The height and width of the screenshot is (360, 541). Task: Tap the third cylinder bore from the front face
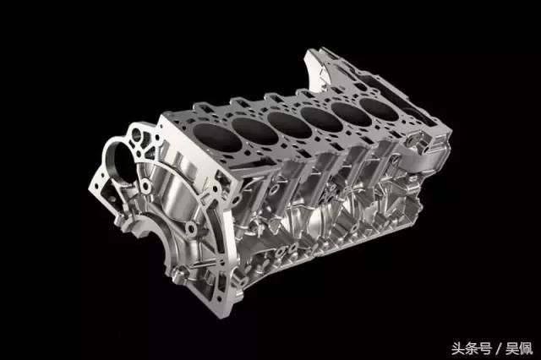289,123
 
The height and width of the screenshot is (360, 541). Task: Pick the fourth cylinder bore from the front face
321,118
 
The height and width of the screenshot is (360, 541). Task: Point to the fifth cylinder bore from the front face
352,113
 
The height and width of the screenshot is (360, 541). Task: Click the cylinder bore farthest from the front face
379,109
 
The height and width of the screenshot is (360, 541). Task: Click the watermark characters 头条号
472,348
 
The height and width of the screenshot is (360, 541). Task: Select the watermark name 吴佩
519,348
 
